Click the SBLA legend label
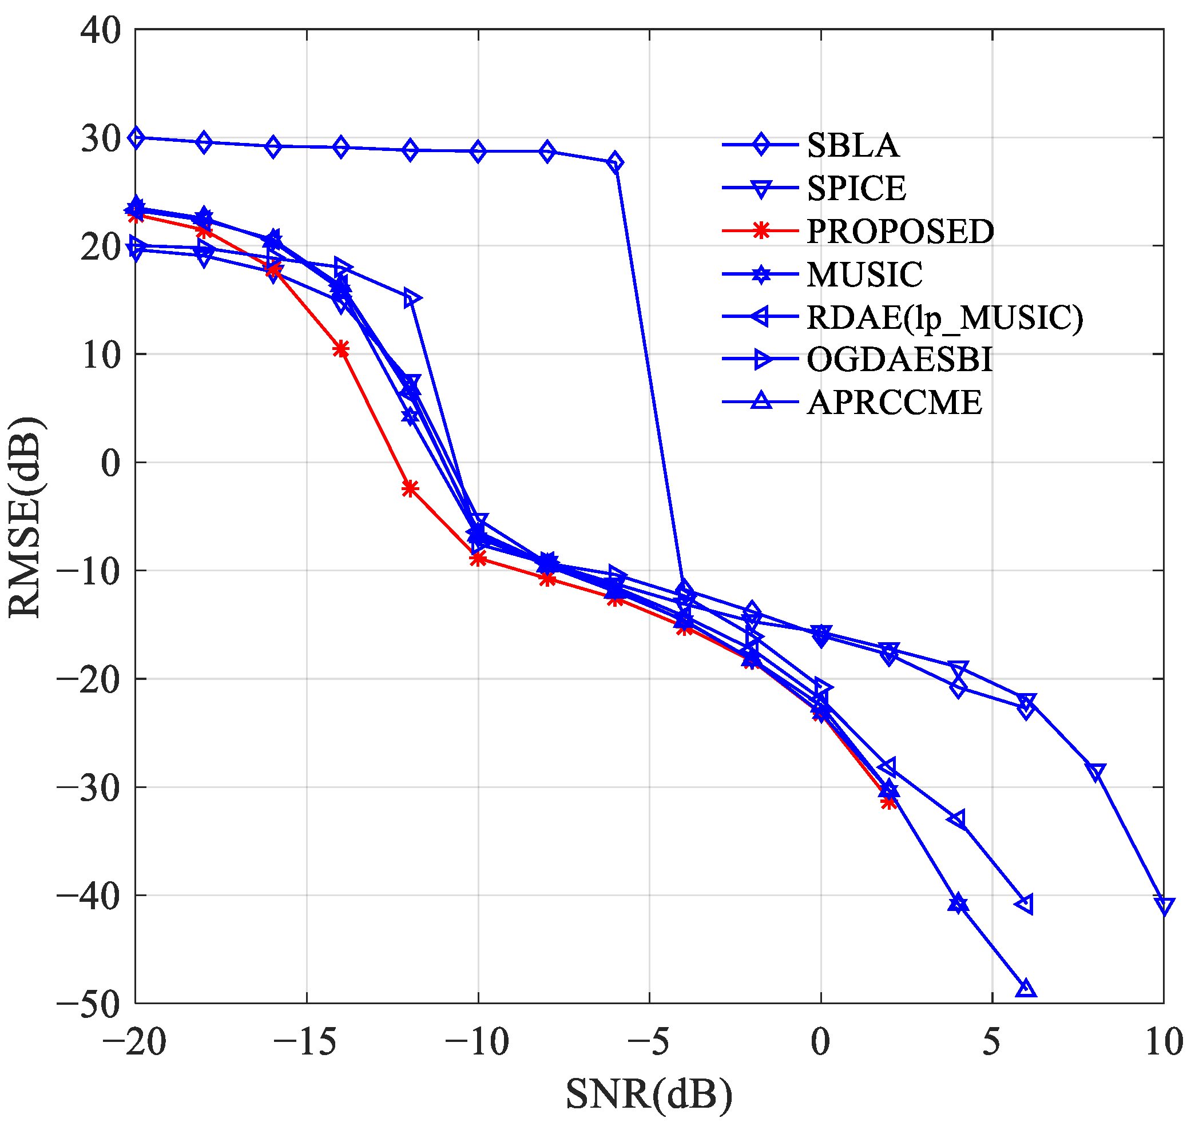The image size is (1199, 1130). click(x=853, y=145)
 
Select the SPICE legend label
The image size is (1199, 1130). click(x=856, y=189)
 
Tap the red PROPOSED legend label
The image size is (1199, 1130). click(x=900, y=232)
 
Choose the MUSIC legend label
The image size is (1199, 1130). click(x=864, y=275)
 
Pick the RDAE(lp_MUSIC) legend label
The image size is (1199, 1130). click(x=944, y=318)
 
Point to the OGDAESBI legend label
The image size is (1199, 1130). click(x=899, y=360)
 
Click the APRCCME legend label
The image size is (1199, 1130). click(x=895, y=403)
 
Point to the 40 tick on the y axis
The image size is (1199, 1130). click(x=101, y=30)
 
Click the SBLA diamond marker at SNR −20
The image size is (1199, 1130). click(x=136, y=138)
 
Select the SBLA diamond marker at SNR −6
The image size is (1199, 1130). click(x=614, y=163)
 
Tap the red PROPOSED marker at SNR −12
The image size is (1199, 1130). click(x=410, y=488)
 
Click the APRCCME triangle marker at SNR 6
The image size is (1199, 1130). click(x=1026, y=989)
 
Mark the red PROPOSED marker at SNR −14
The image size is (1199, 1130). click(x=342, y=350)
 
